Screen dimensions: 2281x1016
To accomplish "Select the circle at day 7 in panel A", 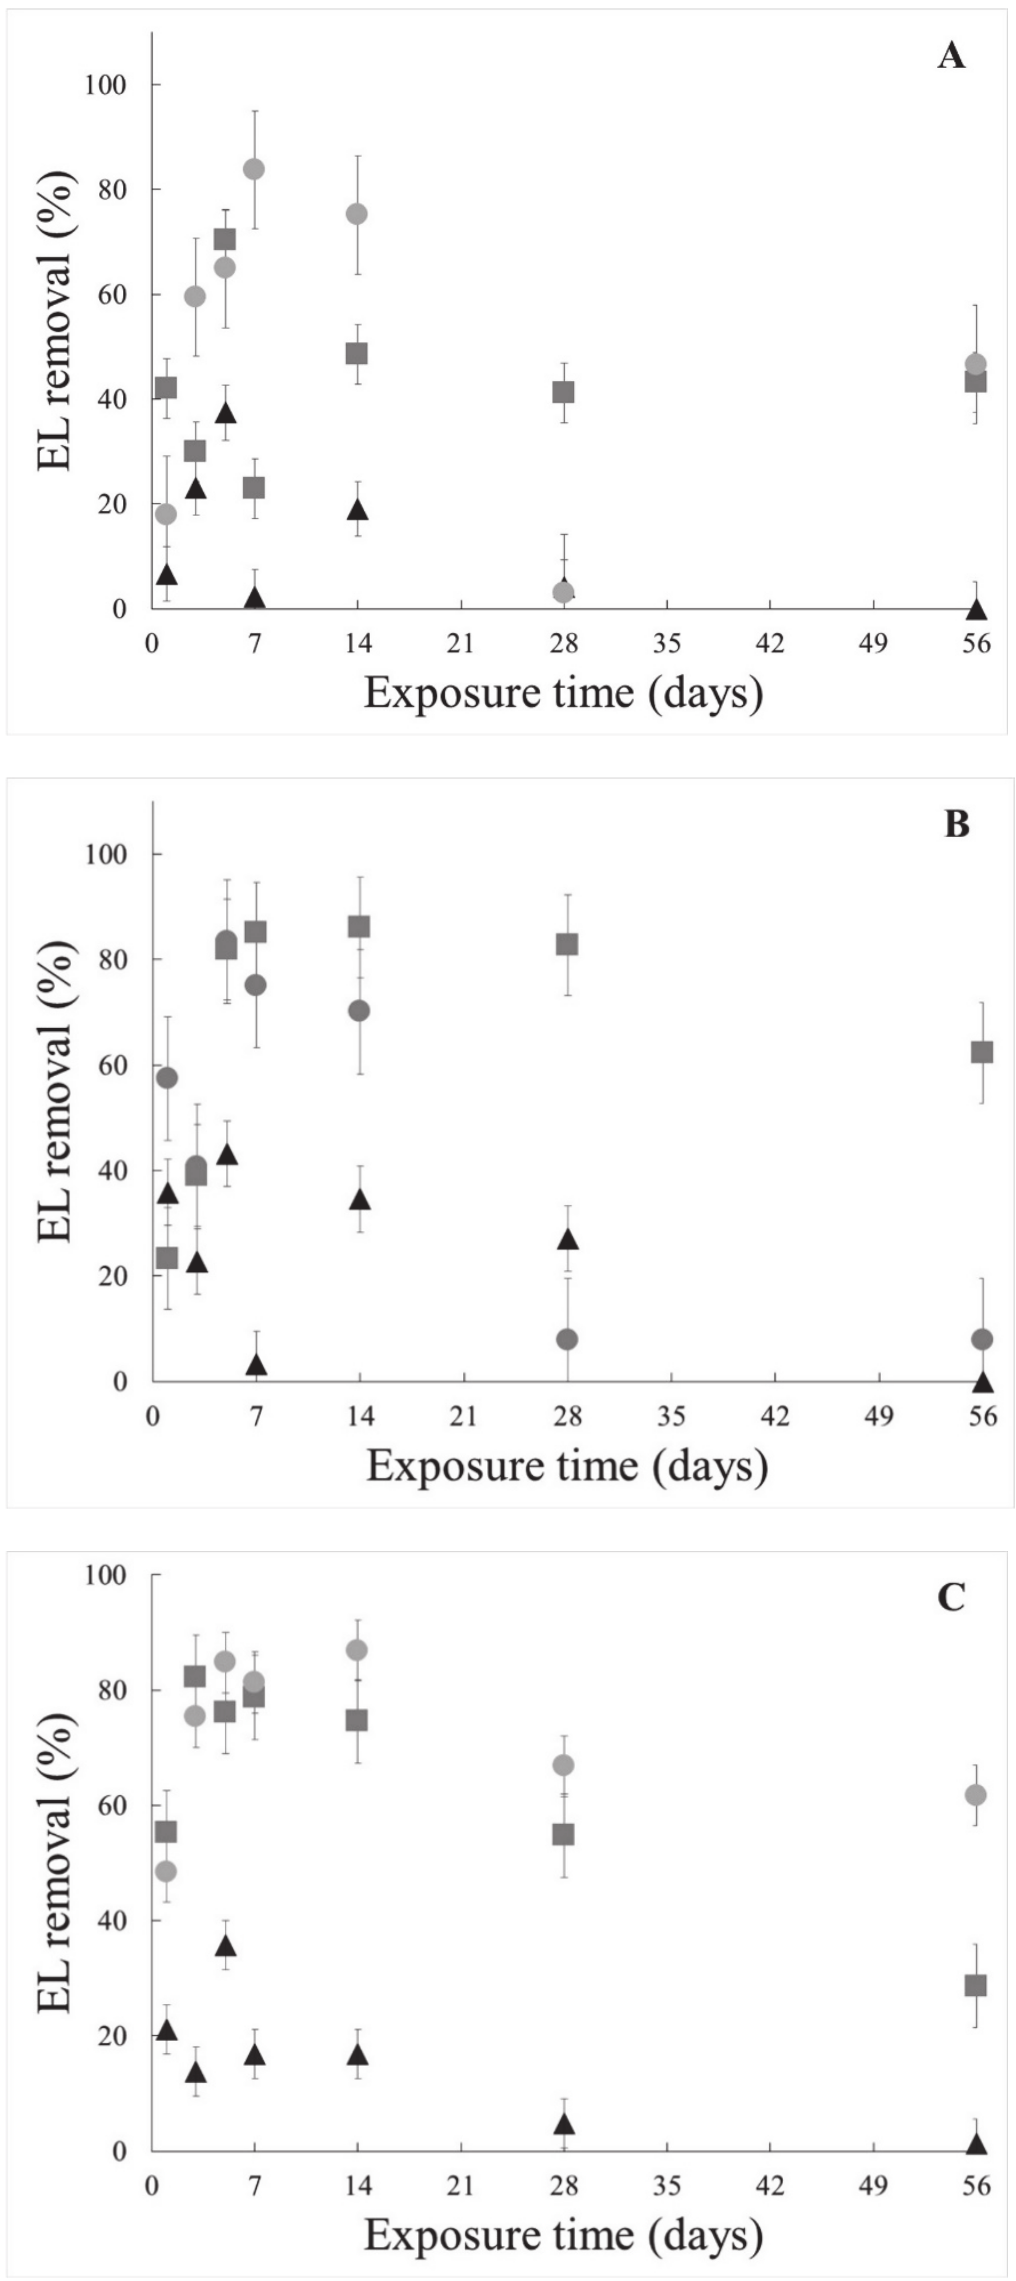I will point(254,169).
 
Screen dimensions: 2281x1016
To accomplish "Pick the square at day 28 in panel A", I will point(563,392).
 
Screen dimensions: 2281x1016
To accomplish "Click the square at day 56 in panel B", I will point(981,1052).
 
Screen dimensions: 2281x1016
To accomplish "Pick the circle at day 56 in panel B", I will point(981,1339).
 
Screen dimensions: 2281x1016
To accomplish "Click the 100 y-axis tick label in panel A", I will point(105,85).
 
